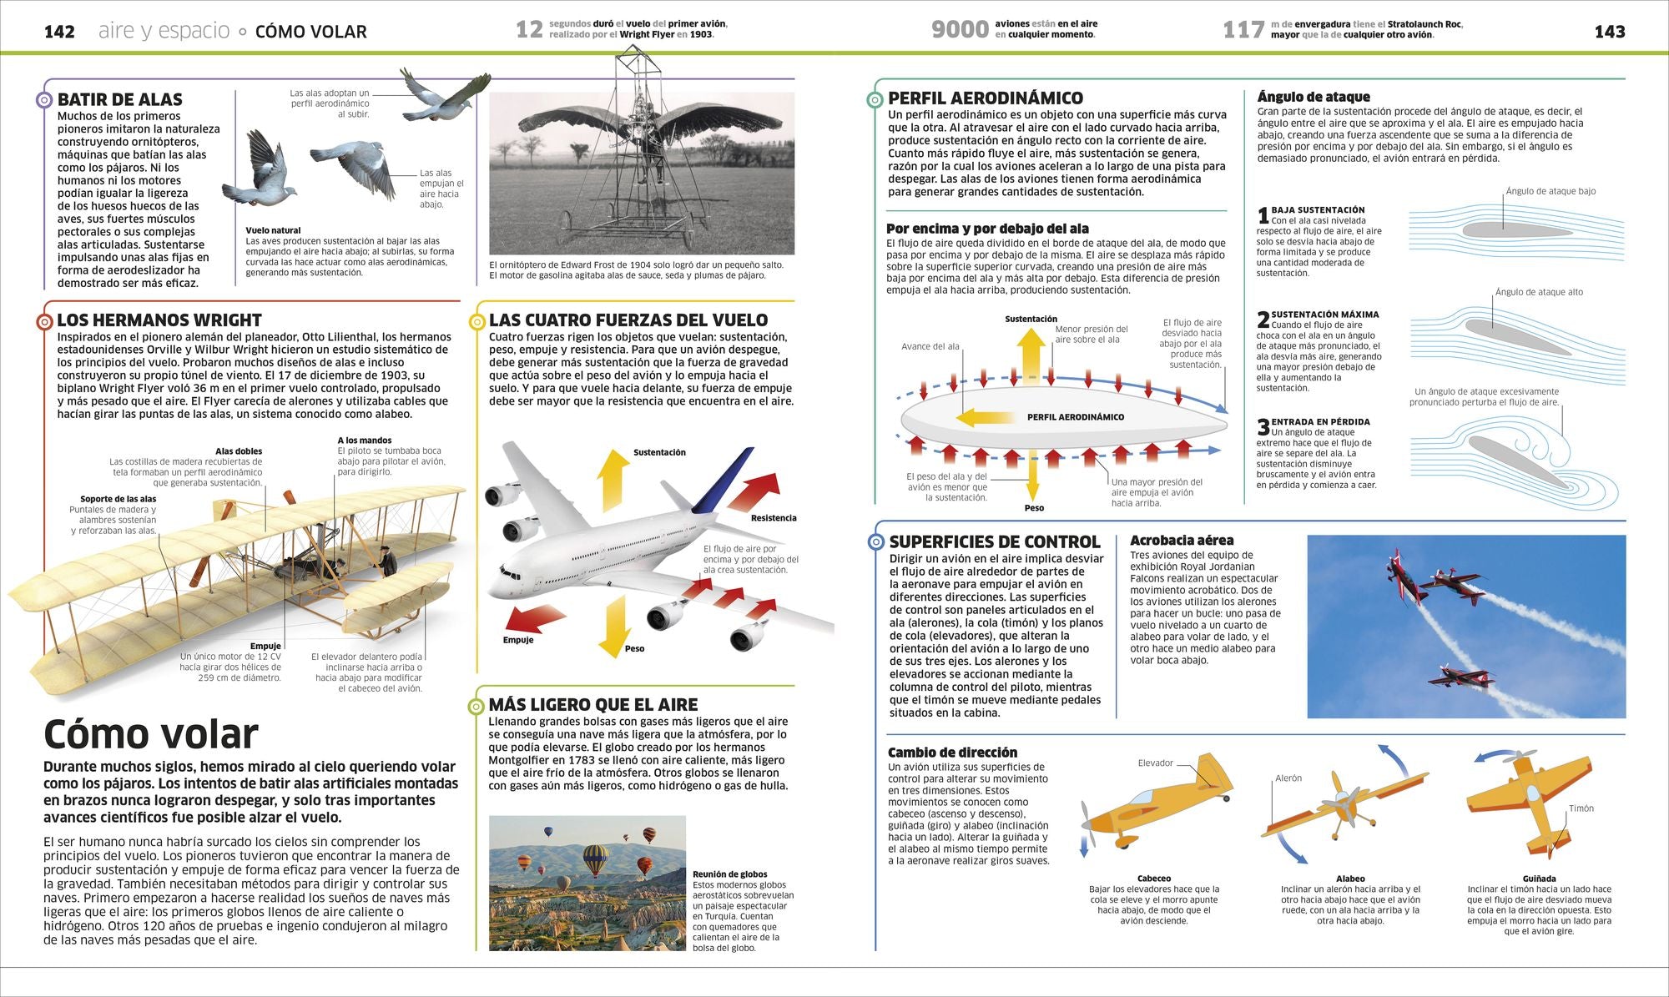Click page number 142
[59, 32]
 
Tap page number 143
[1609, 32]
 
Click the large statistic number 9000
[960, 30]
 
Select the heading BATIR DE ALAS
[120, 99]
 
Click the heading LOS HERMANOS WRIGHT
[159, 320]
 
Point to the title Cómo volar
[151, 734]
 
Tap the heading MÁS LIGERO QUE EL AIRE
[593, 705]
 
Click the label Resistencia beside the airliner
[774, 518]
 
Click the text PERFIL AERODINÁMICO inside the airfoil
[1076, 417]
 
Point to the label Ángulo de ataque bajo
[1551, 191]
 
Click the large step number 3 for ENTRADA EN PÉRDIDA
[1263, 427]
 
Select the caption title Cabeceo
[1154, 879]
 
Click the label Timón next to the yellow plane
[1581, 808]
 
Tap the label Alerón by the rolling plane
[1288, 778]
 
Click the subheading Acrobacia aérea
[1182, 541]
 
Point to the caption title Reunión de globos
[730, 874]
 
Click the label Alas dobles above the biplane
[239, 451]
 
